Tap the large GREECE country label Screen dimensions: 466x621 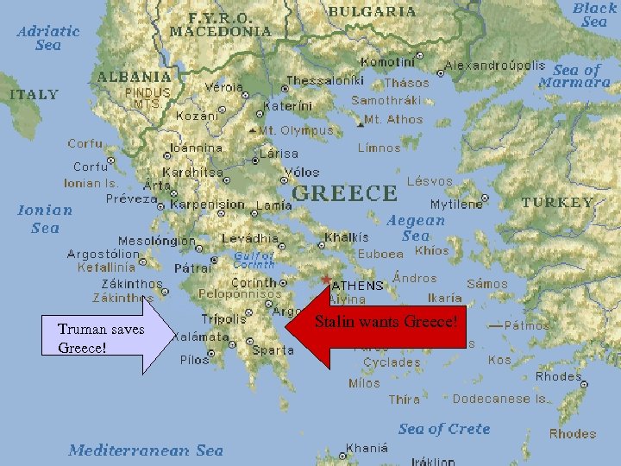click(x=345, y=192)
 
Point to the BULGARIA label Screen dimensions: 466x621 click(x=372, y=13)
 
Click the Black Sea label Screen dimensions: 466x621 click(x=594, y=14)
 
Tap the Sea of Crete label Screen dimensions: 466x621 click(x=444, y=429)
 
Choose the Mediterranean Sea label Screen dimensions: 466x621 click(x=145, y=450)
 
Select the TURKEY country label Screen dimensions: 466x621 click(x=559, y=203)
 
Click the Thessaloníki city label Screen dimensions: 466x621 click(x=325, y=80)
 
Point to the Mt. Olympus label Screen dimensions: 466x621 click(x=296, y=130)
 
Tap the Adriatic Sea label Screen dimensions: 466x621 click(x=48, y=37)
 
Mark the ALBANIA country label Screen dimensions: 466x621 click(x=134, y=76)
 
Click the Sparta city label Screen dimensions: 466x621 click(x=273, y=350)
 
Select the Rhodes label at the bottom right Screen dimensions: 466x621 click(x=573, y=433)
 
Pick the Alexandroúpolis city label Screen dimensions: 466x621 click(x=494, y=65)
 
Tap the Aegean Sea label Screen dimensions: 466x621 click(x=416, y=228)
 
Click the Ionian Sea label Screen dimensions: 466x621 click(x=45, y=218)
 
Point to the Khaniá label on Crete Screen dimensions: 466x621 click(x=366, y=448)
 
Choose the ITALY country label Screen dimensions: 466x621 click(x=34, y=94)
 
